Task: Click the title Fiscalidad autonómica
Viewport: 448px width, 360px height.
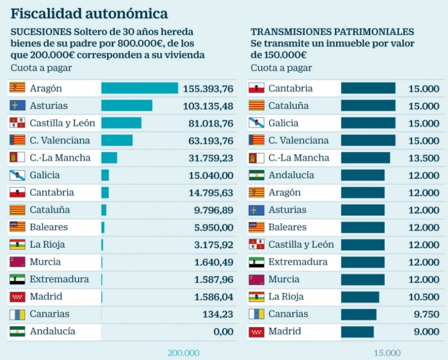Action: [89, 13]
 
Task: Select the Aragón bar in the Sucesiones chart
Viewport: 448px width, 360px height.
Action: [140, 88]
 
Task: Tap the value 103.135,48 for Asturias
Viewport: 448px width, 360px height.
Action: [208, 106]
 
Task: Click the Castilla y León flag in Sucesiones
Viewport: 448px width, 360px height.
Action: [17, 123]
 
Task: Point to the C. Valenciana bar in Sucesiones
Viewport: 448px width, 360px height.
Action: [117, 140]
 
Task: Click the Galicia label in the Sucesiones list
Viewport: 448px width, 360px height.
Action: [45, 175]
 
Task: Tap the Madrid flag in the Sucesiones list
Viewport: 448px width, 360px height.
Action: [17, 297]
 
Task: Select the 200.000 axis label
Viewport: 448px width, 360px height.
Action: [183, 353]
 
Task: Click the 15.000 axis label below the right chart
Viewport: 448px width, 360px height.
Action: [387, 353]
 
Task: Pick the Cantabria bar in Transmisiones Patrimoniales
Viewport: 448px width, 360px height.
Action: [368, 88]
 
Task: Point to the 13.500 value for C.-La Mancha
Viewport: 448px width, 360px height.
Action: [424, 158]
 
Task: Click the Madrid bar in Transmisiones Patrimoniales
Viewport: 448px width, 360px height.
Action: [357, 332]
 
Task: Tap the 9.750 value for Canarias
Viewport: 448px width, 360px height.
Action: [426, 314]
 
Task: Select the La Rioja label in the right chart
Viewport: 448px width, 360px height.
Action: [286, 297]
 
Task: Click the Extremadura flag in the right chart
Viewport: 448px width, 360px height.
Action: [256, 262]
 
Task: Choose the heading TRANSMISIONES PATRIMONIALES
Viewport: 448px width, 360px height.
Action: [332, 32]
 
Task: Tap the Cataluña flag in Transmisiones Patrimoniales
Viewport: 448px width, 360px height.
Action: [256, 106]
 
